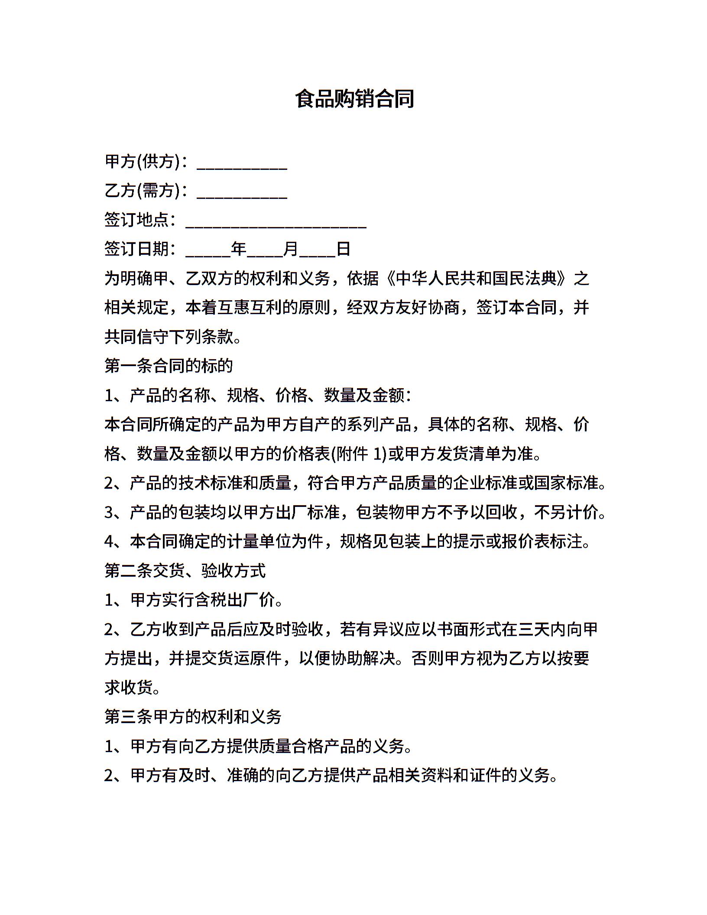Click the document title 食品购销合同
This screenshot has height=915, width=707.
pos(354,99)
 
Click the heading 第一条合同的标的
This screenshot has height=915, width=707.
pos(169,366)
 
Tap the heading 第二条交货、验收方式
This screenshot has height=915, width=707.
pos(185,571)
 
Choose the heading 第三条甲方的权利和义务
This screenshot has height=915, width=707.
pos(193,717)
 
